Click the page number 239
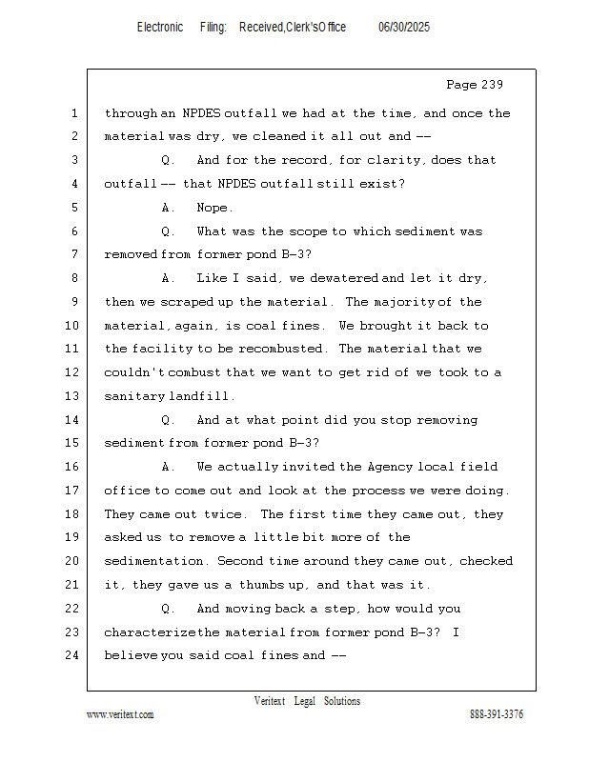(490, 85)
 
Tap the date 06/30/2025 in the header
(404, 28)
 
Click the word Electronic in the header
(160, 28)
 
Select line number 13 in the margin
(72, 396)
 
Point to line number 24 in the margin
(72, 655)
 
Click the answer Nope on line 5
(213, 208)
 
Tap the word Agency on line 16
(388, 467)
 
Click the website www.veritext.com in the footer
(120, 714)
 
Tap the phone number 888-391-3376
(496, 714)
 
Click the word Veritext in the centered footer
(270, 701)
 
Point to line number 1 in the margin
(72, 113)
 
